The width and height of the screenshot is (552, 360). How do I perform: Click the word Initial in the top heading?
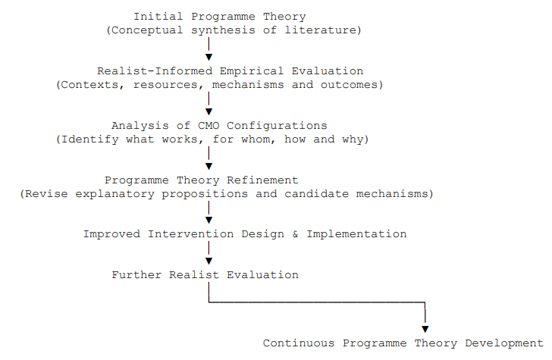coord(158,17)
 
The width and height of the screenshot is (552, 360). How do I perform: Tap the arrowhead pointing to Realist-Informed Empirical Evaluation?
coord(209,57)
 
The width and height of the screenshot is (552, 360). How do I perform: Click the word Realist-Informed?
coord(155,71)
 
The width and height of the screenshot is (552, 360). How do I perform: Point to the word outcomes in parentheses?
coord(349,85)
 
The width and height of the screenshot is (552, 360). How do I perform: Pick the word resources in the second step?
coord(165,85)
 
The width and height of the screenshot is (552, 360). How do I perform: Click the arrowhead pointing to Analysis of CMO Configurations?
coord(209,111)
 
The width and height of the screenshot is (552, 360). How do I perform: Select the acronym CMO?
coord(209,126)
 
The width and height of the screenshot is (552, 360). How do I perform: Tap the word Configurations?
coord(277,126)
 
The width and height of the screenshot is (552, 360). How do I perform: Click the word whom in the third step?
coord(256,139)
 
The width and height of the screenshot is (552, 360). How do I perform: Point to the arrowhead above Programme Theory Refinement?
coord(209,166)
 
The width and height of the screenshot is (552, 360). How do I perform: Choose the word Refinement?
coord(262,180)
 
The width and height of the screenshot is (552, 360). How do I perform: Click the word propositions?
coord(205,194)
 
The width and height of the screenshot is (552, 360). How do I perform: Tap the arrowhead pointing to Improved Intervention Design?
coord(209,221)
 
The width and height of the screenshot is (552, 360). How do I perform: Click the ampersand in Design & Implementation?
coord(295,234)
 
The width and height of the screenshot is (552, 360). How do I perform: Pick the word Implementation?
coord(356,234)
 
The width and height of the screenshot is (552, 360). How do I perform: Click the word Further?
coord(137,275)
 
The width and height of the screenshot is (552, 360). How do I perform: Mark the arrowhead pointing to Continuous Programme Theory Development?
coord(425,329)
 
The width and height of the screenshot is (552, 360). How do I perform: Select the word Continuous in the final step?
coord(299,343)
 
